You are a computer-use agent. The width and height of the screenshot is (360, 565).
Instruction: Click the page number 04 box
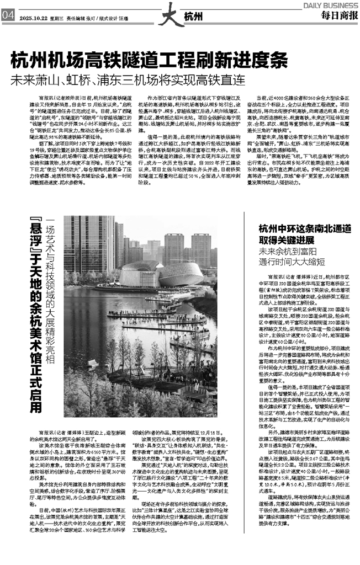[8, 15]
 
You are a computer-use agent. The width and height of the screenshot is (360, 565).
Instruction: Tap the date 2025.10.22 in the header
[34, 16]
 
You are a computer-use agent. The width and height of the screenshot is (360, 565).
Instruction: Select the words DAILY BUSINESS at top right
[330, 4]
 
